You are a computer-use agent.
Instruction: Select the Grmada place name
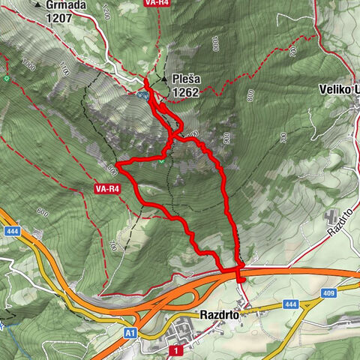(66, 4)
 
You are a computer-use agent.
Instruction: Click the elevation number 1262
(185, 92)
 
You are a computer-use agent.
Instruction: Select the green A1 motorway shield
(131, 330)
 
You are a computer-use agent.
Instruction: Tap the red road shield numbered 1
(174, 350)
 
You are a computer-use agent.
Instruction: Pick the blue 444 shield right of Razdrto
(291, 304)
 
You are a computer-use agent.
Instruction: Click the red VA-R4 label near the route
(105, 189)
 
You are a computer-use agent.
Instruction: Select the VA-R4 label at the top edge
(156, 3)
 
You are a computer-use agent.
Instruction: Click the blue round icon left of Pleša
(141, 94)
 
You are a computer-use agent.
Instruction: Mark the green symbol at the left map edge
(6, 78)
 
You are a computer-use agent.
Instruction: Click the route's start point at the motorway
(240, 279)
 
